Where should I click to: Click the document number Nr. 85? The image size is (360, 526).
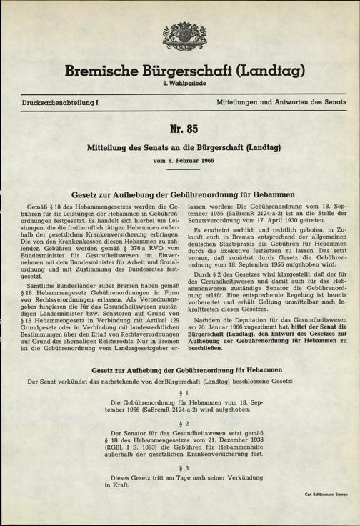click(179, 131)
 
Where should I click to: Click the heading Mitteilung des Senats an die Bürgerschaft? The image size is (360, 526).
click(180, 148)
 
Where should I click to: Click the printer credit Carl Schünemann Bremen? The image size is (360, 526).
click(326, 494)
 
